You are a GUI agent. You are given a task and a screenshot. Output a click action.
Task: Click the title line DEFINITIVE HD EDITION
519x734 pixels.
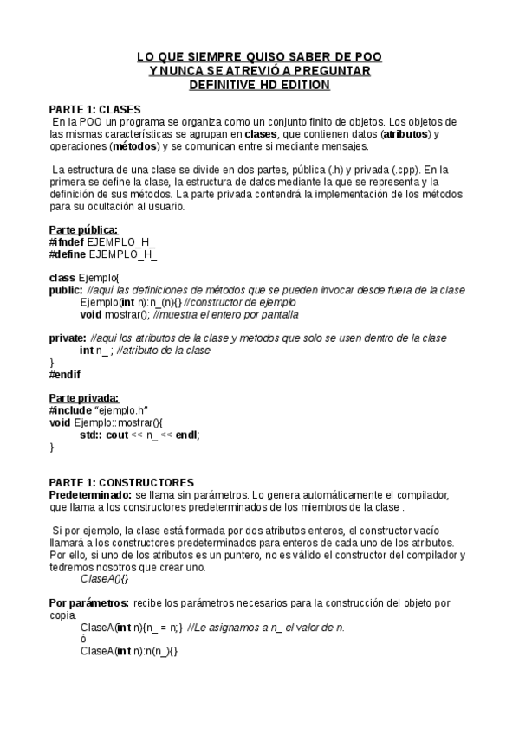point(259,85)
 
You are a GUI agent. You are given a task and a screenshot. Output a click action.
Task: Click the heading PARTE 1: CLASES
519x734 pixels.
point(94,110)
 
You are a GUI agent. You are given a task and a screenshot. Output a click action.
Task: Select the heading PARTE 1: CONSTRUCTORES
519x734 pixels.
point(121,482)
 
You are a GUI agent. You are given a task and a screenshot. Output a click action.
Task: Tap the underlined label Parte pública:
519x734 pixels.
point(83,229)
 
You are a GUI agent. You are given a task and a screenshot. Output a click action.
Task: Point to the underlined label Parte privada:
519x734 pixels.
point(84,398)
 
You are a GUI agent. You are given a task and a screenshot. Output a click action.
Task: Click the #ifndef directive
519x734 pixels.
point(67,241)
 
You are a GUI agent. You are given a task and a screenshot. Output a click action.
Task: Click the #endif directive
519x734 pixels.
point(65,375)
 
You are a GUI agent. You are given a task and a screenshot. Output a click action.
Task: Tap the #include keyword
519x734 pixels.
point(69,410)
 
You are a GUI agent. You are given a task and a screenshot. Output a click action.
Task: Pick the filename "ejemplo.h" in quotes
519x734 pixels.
point(120,410)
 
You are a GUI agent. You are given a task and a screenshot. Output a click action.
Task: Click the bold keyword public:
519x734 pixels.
point(66,290)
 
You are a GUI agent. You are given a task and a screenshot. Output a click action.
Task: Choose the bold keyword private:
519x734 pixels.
point(68,338)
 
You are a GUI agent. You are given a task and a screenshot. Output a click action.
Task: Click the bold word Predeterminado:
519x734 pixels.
point(90,494)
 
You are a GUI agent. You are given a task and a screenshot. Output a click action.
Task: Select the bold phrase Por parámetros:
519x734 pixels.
point(89,602)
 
